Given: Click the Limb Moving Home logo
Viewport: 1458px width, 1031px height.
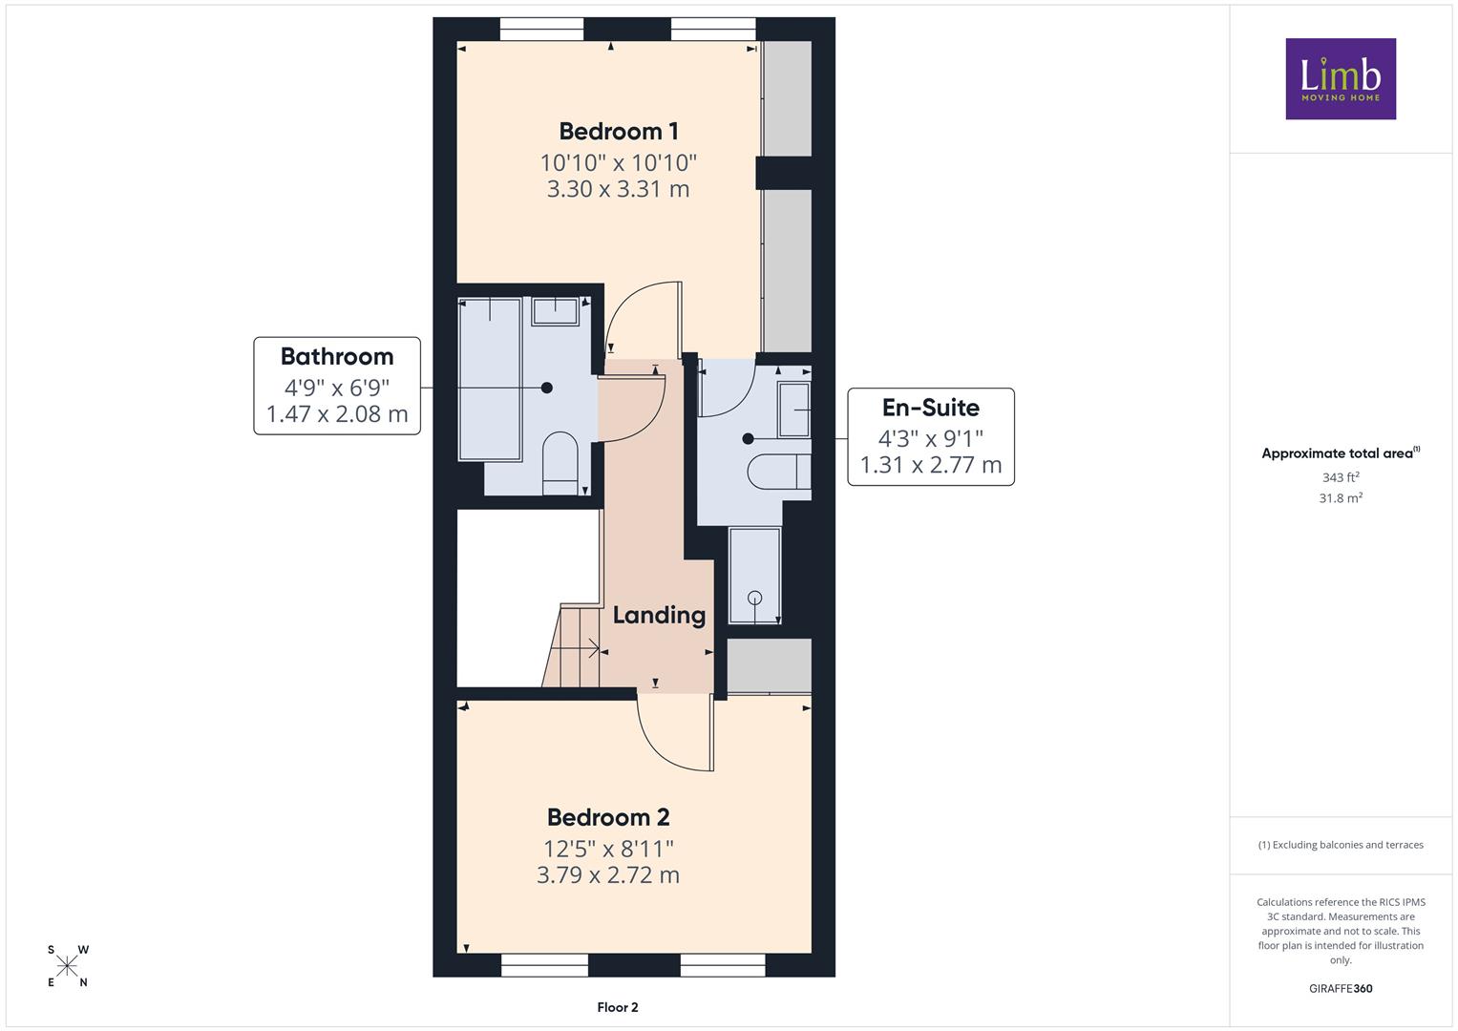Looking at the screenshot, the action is click(x=1341, y=78).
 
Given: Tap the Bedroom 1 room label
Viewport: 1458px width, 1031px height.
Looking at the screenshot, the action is click(x=619, y=132).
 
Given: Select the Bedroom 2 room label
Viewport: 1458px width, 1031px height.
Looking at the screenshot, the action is click(x=608, y=817).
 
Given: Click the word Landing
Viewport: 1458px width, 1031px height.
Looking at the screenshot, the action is click(x=659, y=616).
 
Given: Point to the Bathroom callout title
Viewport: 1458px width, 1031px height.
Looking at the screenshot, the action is click(x=337, y=357).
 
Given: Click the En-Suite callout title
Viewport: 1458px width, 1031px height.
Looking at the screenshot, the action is click(x=931, y=408).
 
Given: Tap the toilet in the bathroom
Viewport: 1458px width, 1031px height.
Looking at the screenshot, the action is click(x=560, y=463).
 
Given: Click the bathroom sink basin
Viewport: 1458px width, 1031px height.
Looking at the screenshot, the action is click(x=555, y=312).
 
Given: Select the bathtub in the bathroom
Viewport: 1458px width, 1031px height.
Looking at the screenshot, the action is click(x=490, y=380).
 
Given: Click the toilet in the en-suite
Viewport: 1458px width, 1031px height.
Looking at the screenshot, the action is click(x=779, y=472).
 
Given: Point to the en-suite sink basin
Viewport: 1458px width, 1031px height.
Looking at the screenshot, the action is click(x=794, y=410).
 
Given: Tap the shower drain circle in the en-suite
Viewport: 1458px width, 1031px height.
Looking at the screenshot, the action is click(x=755, y=597).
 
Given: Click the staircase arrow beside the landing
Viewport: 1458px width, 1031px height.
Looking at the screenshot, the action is click(x=575, y=648).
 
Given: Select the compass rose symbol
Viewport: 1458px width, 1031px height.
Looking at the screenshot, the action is click(x=67, y=966).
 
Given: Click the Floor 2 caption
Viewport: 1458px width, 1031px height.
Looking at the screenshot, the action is click(x=618, y=1007).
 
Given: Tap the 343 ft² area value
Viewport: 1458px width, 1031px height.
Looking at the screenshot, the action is click(x=1341, y=477).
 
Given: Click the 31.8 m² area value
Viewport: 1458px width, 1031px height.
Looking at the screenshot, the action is click(x=1341, y=498).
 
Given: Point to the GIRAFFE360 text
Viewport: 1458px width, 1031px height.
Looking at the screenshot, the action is click(x=1341, y=989).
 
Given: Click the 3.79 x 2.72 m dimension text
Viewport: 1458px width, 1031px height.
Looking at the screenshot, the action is click(x=608, y=875).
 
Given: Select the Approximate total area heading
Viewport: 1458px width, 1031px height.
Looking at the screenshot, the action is click(x=1341, y=453).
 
